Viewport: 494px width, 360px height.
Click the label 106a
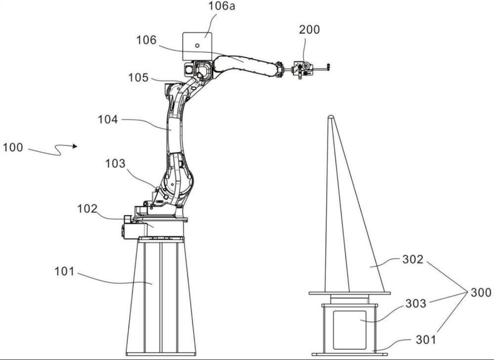click(x=222, y=6)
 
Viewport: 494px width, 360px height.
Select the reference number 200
click(x=310, y=30)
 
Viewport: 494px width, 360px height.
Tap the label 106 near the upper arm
click(x=146, y=40)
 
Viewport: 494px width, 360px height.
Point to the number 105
click(x=138, y=78)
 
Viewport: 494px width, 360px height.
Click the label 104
click(x=108, y=120)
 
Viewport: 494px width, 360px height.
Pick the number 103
click(x=115, y=164)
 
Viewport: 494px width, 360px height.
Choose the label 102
click(x=87, y=208)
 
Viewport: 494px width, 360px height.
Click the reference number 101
click(x=64, y=271)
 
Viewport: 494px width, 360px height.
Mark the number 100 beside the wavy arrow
click(x=13, y=147)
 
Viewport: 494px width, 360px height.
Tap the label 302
click(x=413, y=260)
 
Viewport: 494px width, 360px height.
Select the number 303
click(x=415, y=304)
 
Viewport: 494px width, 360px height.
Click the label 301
click(x=426, y=340)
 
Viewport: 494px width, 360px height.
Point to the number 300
click(x=481, y=293)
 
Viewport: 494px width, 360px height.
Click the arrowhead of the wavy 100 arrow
click(x=75, y=146)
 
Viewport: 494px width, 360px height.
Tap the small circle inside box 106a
click(x=197, y=45)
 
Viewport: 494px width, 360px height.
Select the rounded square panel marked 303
click(x=350, y=330)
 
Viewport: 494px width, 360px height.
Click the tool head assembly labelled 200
click(x=303, y=69)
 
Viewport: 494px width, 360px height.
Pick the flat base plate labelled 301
click(x=350, y=354)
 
